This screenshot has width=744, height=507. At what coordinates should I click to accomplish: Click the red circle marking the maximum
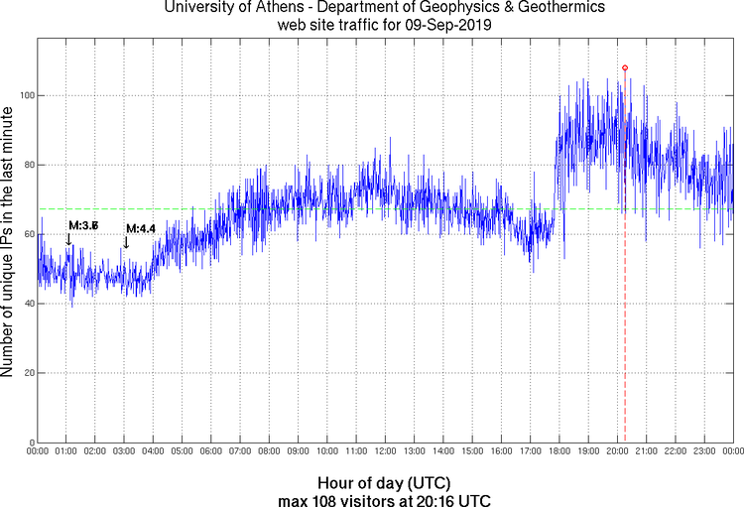[625, 67]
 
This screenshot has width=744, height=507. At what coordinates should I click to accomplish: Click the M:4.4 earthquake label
[141, 229]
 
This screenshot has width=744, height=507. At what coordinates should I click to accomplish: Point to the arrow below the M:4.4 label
[125, 242]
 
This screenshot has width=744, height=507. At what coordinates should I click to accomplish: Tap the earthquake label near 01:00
[83, 226]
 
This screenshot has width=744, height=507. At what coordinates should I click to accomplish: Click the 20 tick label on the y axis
[29, 373]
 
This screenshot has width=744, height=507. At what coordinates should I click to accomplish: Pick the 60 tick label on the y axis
[29, 234]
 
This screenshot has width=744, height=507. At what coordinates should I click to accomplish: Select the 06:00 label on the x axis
[211, 451]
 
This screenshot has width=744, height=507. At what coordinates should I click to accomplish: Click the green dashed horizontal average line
[298, 208]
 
